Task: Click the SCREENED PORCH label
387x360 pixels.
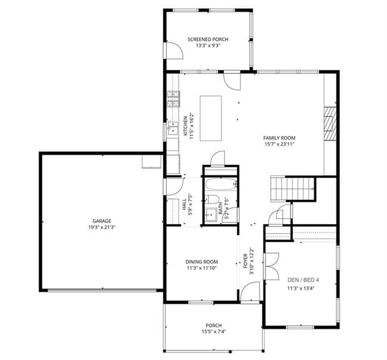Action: [208, 39]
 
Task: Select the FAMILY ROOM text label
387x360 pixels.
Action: [279, 138]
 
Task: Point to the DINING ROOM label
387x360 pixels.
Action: [201, 262]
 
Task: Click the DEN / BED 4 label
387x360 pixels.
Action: [304, 280]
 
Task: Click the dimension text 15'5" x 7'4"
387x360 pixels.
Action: [214, 331]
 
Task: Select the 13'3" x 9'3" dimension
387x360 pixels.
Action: [208, 46]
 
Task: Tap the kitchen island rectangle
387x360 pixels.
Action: [211, 118]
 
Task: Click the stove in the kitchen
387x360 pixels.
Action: [173, 98]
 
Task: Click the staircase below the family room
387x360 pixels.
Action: [294, 188]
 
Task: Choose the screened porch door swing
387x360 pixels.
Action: [174, 50]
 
